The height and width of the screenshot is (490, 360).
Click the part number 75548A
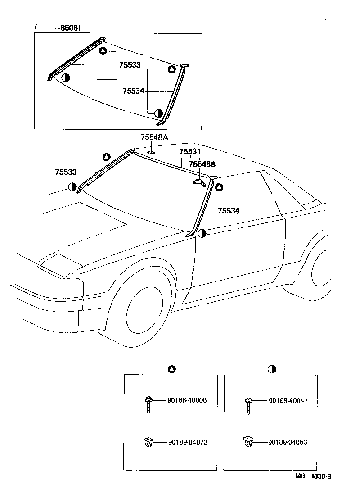click(154, 137)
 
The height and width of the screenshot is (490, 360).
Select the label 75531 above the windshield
click(189, 152)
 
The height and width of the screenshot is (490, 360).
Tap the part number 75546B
click(202, 165)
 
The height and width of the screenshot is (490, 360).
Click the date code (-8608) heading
click(58, 27)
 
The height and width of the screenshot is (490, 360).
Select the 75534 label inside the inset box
click(133, 91)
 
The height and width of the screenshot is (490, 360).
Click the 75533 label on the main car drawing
click(66, 172)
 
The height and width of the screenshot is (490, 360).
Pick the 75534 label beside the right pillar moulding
click(229, 210)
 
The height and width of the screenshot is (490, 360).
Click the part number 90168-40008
click(187, 400)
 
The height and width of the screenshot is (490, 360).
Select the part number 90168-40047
click(288, 400)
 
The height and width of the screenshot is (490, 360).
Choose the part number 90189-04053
click(288, 442)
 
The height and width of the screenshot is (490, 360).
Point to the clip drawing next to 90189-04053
click(247, 442)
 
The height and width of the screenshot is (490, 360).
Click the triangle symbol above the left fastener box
click(171, 369)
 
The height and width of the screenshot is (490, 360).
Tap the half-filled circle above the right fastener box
click(272, 369)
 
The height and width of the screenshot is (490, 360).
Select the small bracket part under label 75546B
click(198, 181)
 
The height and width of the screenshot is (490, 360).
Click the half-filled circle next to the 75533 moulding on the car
click(72, 186)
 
